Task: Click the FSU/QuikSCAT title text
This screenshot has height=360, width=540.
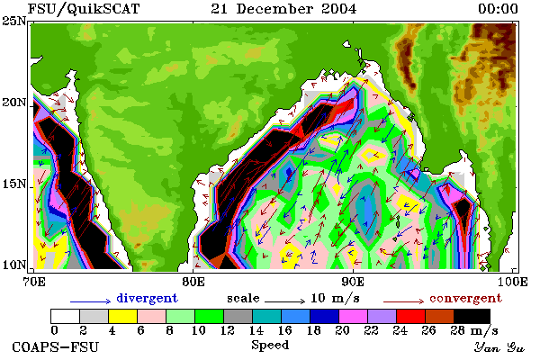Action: click(84, 9)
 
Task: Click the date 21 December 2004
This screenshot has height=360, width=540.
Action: click(283, 9)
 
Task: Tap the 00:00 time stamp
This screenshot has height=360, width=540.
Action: click(498, 9)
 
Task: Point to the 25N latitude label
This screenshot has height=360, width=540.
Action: click(14, 22)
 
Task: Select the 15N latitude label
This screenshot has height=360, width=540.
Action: click(14, 184)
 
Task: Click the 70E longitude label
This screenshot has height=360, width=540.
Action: click(34, 282)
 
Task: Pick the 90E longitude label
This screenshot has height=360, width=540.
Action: click(353, 282)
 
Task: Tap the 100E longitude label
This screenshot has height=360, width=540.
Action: click(512, 282)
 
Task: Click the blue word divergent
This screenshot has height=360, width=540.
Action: click(147, 298)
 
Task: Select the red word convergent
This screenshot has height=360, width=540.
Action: click(466, 298)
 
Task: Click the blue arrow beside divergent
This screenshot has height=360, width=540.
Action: click(91, 301)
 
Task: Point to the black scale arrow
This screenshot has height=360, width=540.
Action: click(284, 301)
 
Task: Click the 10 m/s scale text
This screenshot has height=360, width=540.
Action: click(335, 298)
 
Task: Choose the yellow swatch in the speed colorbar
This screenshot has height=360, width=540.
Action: click(123, 316)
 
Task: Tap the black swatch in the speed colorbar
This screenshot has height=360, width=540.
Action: click(472, 316)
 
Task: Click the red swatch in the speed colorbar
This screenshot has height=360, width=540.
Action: click(411, 316)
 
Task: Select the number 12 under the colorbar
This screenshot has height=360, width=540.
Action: click(228, 330)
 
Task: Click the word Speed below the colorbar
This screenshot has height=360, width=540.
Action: click(270, 346)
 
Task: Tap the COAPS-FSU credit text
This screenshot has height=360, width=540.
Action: click(56, 346)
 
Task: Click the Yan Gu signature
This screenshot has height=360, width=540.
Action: click(499, 347)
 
